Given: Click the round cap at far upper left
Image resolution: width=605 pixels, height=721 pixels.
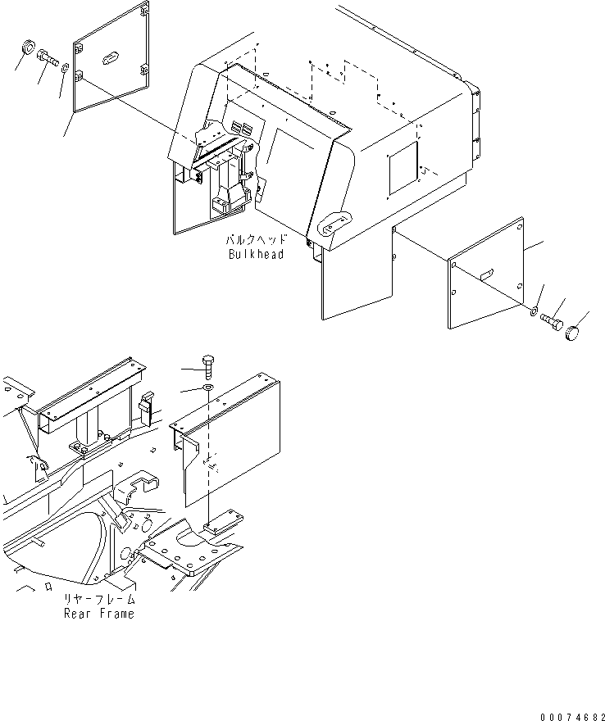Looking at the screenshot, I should (25, 46).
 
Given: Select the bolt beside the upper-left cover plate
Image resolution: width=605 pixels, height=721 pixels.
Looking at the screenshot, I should (48, 58).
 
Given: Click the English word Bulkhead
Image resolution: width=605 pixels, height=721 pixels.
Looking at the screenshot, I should (256, 254).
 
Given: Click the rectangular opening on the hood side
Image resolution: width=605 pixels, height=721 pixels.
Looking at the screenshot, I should (404, 170).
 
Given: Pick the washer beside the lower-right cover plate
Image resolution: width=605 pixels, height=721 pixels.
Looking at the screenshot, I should (534, 311).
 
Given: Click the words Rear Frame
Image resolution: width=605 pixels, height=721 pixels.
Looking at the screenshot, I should (98, 614).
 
